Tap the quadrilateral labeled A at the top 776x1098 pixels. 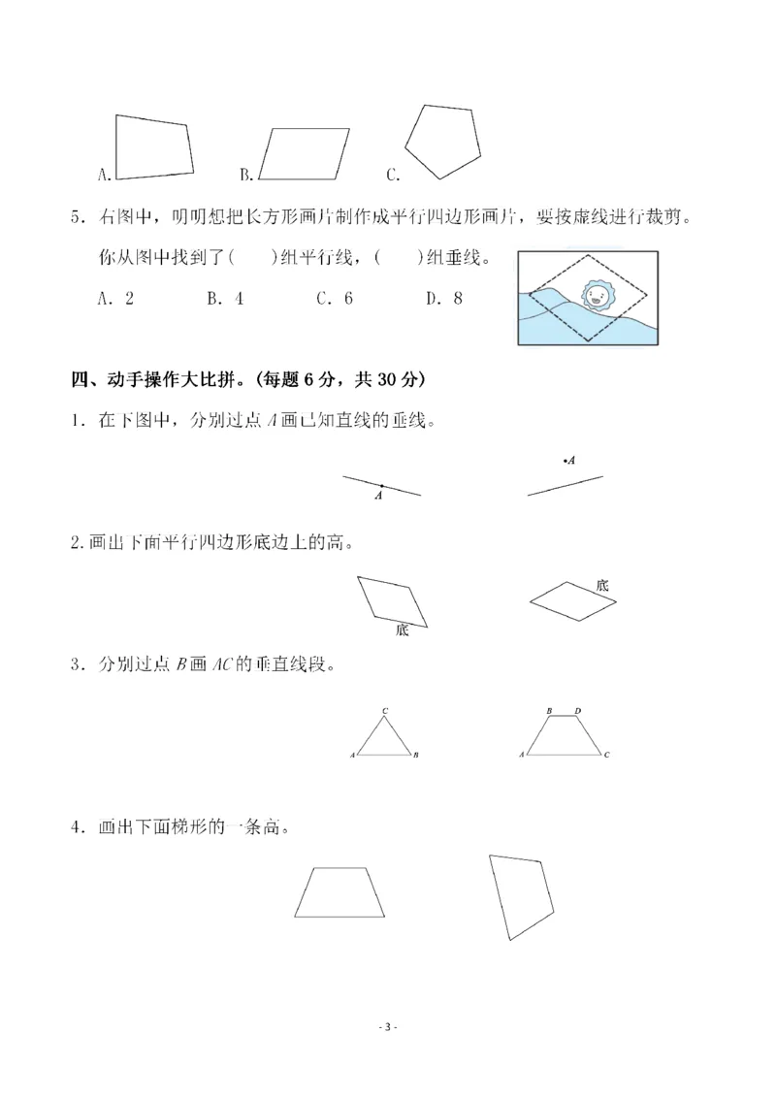[x=153, y=147]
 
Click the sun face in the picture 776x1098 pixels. [x=595, y=296]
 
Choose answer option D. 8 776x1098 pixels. [x=443, y=299]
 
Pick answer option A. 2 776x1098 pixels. [x=115, y=299]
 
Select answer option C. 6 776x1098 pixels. [x=334, y=299]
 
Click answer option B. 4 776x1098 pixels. [x=224, y=299]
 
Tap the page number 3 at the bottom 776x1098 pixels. [x=387, y=1026]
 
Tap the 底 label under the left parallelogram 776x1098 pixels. [x=402, y=630]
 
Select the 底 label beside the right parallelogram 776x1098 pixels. [x=601, y=585]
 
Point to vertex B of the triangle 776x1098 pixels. [x=414, y=755]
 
